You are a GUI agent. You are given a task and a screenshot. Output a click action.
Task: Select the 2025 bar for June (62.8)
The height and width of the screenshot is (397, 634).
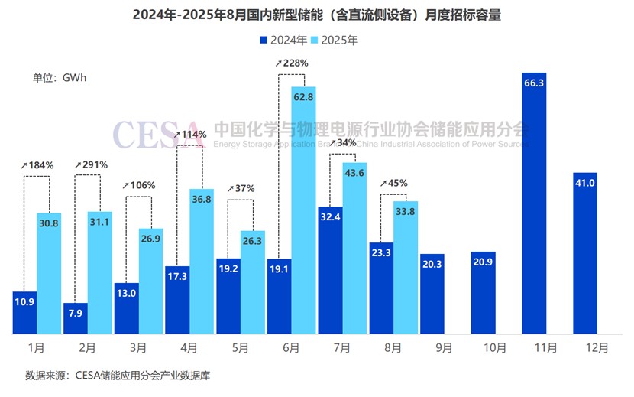[303, 210]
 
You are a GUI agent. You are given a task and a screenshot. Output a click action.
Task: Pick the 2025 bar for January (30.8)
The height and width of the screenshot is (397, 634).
[48, 273]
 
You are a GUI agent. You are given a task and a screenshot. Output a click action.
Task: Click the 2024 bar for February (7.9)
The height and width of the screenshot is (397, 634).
[76, 317]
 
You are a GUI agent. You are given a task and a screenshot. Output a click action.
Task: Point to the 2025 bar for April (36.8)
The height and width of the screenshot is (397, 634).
[202, 261]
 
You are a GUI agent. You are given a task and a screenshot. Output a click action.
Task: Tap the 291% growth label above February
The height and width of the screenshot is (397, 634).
[91, 164]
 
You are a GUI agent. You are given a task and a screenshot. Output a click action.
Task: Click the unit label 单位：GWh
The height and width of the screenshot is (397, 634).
[60, 78]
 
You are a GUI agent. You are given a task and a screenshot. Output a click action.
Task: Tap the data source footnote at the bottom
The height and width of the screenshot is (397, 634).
[117, 376]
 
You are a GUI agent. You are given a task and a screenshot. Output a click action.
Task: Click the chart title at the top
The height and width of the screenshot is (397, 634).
[316, 15]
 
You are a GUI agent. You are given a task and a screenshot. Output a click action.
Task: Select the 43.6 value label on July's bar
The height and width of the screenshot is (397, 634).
[354, 174]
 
